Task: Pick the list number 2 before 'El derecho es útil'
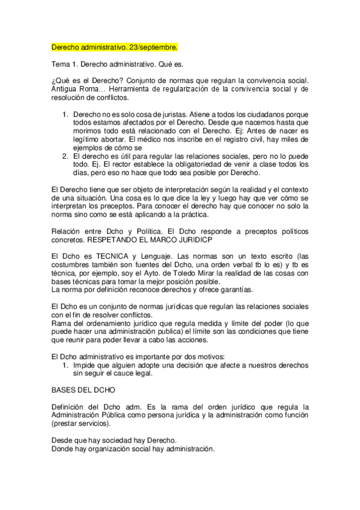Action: [66, 156]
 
